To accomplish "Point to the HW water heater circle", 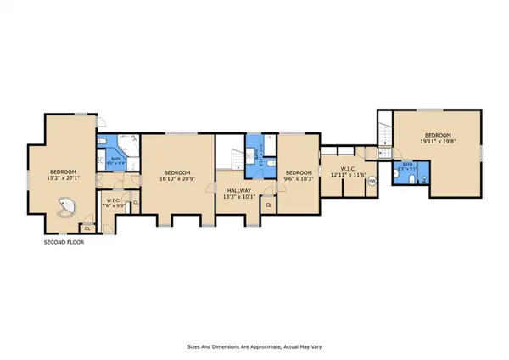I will [371, 180].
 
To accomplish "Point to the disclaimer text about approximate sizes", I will [255, 346].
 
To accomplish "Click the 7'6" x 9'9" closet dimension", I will [113, 205].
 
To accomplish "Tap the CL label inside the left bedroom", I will [87, 228].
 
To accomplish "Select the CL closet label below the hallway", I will [268, 205].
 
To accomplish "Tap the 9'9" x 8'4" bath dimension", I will [113, 164].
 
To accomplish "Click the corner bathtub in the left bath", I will [130, 143].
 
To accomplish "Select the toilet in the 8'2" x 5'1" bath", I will [411, 179].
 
